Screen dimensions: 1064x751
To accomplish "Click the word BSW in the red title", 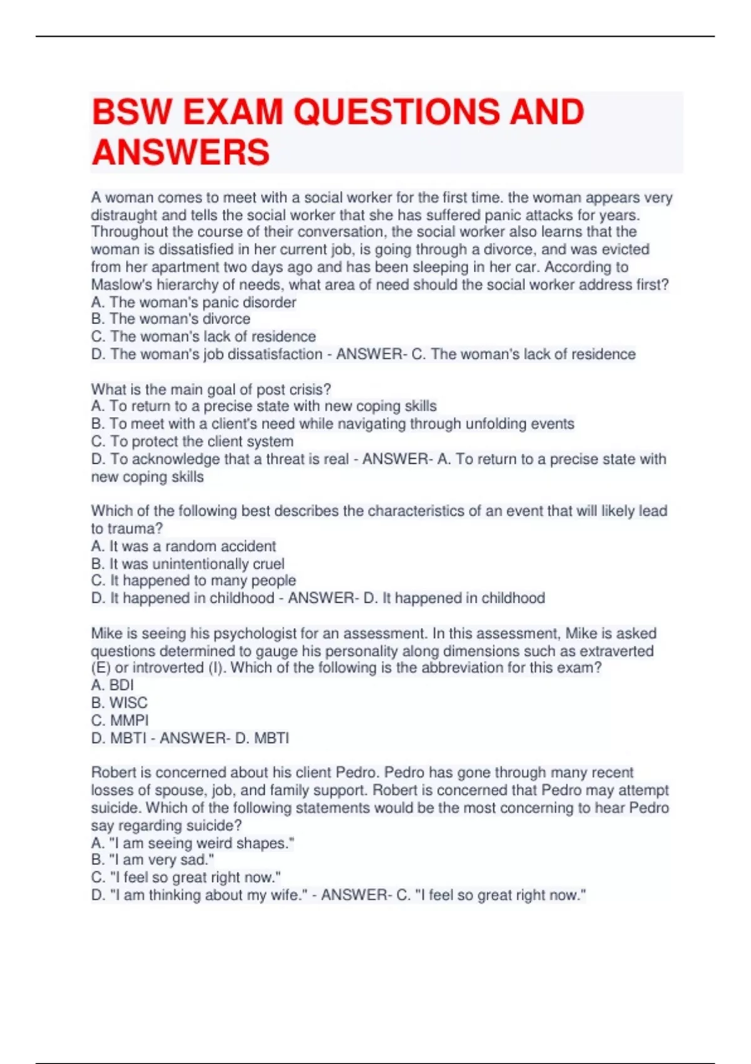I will click(132, 113).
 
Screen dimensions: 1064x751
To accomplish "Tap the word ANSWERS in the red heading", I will click(181, 153).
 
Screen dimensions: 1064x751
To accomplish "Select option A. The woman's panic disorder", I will click(193, 302).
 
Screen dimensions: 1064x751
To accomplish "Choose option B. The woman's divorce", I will click(170, 319).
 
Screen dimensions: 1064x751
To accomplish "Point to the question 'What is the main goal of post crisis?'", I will click(211, 389).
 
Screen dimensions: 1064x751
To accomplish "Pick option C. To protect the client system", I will click(192, 441).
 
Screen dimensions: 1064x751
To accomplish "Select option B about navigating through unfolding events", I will click(332, 424).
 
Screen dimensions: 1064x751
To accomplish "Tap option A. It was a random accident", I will click(183, 546).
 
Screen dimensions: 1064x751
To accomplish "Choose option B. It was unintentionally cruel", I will click(188, 563).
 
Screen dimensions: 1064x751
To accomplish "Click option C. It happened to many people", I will click(193, 581).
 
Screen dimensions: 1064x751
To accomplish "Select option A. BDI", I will click(113, 685).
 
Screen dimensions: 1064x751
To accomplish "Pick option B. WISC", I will click(120, 703).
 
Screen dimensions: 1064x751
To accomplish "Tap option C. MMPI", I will click(120, 720).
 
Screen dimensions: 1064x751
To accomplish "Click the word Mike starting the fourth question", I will click(106, 633).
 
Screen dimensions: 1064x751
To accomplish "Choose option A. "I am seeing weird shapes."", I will click(193, 843).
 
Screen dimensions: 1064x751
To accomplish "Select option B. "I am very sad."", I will click(153, 860).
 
